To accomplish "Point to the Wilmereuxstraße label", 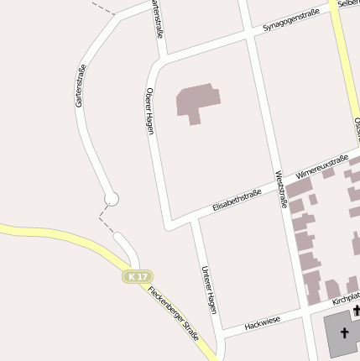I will (x=316, y=167).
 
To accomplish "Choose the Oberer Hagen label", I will (x=150, y=111).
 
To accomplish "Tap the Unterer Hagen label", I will (x=209, y=290).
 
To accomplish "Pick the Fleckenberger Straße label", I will (x=173, y=312).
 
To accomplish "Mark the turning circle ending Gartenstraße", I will (x=112, y=200).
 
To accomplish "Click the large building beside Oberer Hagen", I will (x=198, y=102).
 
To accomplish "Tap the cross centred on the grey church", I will (x=343, y=334).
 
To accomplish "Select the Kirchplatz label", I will (x=345, y=298).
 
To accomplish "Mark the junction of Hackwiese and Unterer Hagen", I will (x=221, y=333).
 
